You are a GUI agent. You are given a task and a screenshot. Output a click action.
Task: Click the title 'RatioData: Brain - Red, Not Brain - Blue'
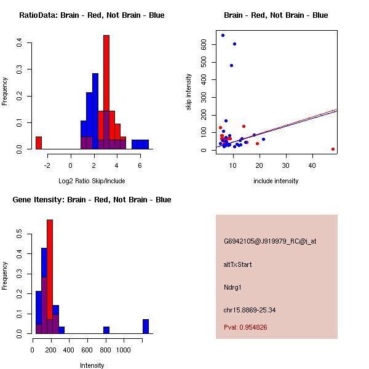[x=92, y=15]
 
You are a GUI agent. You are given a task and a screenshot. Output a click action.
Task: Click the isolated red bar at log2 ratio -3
[x=39, y=143]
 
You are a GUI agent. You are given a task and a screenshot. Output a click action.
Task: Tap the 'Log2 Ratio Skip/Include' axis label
[x=92, y=181]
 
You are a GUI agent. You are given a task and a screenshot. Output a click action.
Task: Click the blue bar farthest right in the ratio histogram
[x=145, y=145]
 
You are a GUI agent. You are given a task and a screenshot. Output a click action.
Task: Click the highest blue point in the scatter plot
[x=223, y=35]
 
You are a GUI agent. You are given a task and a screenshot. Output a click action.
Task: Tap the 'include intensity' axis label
[x=276, y=181]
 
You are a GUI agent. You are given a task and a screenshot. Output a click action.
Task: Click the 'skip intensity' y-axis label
[x=189, y=92]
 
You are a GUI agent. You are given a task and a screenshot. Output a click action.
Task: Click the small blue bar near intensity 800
[x=106, y=330]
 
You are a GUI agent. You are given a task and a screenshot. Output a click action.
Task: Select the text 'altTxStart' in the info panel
[x=238, y=264]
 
